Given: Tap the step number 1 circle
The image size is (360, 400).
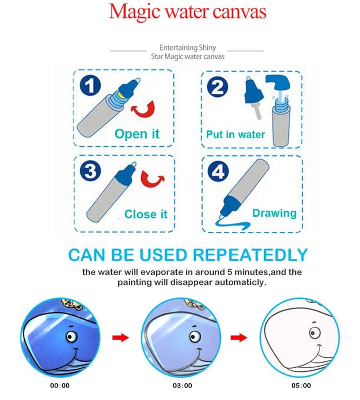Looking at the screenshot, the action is pyautogui.click(x=90, y=85).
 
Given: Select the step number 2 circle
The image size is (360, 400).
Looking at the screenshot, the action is pyautogui.click(x=217, y=87).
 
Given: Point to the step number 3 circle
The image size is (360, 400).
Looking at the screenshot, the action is pyautogui.click(x=90, y=171).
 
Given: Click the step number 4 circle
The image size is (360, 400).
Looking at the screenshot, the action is pyautogui.click(x=218, y=171).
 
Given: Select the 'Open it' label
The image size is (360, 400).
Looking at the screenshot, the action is pyautogui.click(x=137, y=134).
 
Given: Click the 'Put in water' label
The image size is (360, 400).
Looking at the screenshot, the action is pyautogui.click(x=235, y=134).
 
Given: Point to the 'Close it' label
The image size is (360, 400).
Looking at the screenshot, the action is pyautogui.click(x=146, y=214).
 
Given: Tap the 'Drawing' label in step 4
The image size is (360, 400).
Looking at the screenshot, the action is pyautogui.click(x=275, y=213).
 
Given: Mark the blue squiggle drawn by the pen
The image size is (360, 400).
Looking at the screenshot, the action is pyautogui.click(x=233, y=225).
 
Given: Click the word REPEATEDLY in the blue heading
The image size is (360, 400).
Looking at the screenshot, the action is pyautogui.click(x=250, y=255).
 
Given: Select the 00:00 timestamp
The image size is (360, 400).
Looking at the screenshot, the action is pyautogui.click(x=60, y=385).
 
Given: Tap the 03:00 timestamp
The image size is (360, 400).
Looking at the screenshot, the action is pyautogui.click(x=182, y=385).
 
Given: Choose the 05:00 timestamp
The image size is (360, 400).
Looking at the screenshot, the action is pyautogui.click(x=301, y=385).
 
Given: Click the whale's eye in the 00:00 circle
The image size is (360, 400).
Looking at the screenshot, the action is pyautogui.click(x=72, y=336).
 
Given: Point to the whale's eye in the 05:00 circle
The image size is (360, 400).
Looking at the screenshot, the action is pyautogui.click(x=314, y=333).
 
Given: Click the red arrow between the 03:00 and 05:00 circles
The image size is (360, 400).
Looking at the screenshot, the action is pyautogui.click(x=239, y=337).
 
